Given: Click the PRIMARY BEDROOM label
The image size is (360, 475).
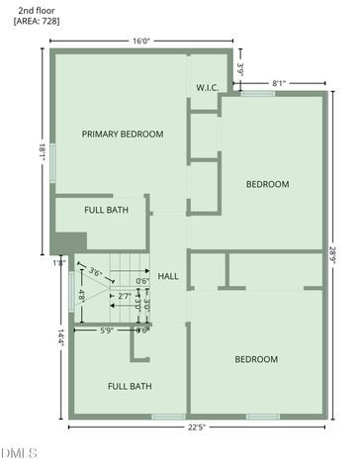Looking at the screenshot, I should click(123, 134).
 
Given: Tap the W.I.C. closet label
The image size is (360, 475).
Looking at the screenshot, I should click(207, 88).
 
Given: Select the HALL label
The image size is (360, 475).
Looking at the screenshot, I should click(168, 276).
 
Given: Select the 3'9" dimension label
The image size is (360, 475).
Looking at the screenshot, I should click(240, 70).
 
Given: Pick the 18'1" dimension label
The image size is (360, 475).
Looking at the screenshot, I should click(42, 151).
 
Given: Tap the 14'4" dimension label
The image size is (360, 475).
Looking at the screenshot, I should click(60, 336).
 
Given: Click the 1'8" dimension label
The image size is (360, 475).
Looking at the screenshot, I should click(58, 262).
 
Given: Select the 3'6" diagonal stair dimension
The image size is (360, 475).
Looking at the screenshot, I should click(96, 271).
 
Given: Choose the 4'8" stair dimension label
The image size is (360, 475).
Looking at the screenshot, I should click(81, 294).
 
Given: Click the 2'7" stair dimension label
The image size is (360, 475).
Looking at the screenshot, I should click(125, 295).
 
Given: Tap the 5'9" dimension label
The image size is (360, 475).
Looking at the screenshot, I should click(106, 330).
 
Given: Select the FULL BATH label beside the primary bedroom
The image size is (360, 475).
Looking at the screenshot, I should click(106, 210).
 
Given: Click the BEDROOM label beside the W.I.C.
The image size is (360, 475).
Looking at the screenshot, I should click(267, 184).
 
